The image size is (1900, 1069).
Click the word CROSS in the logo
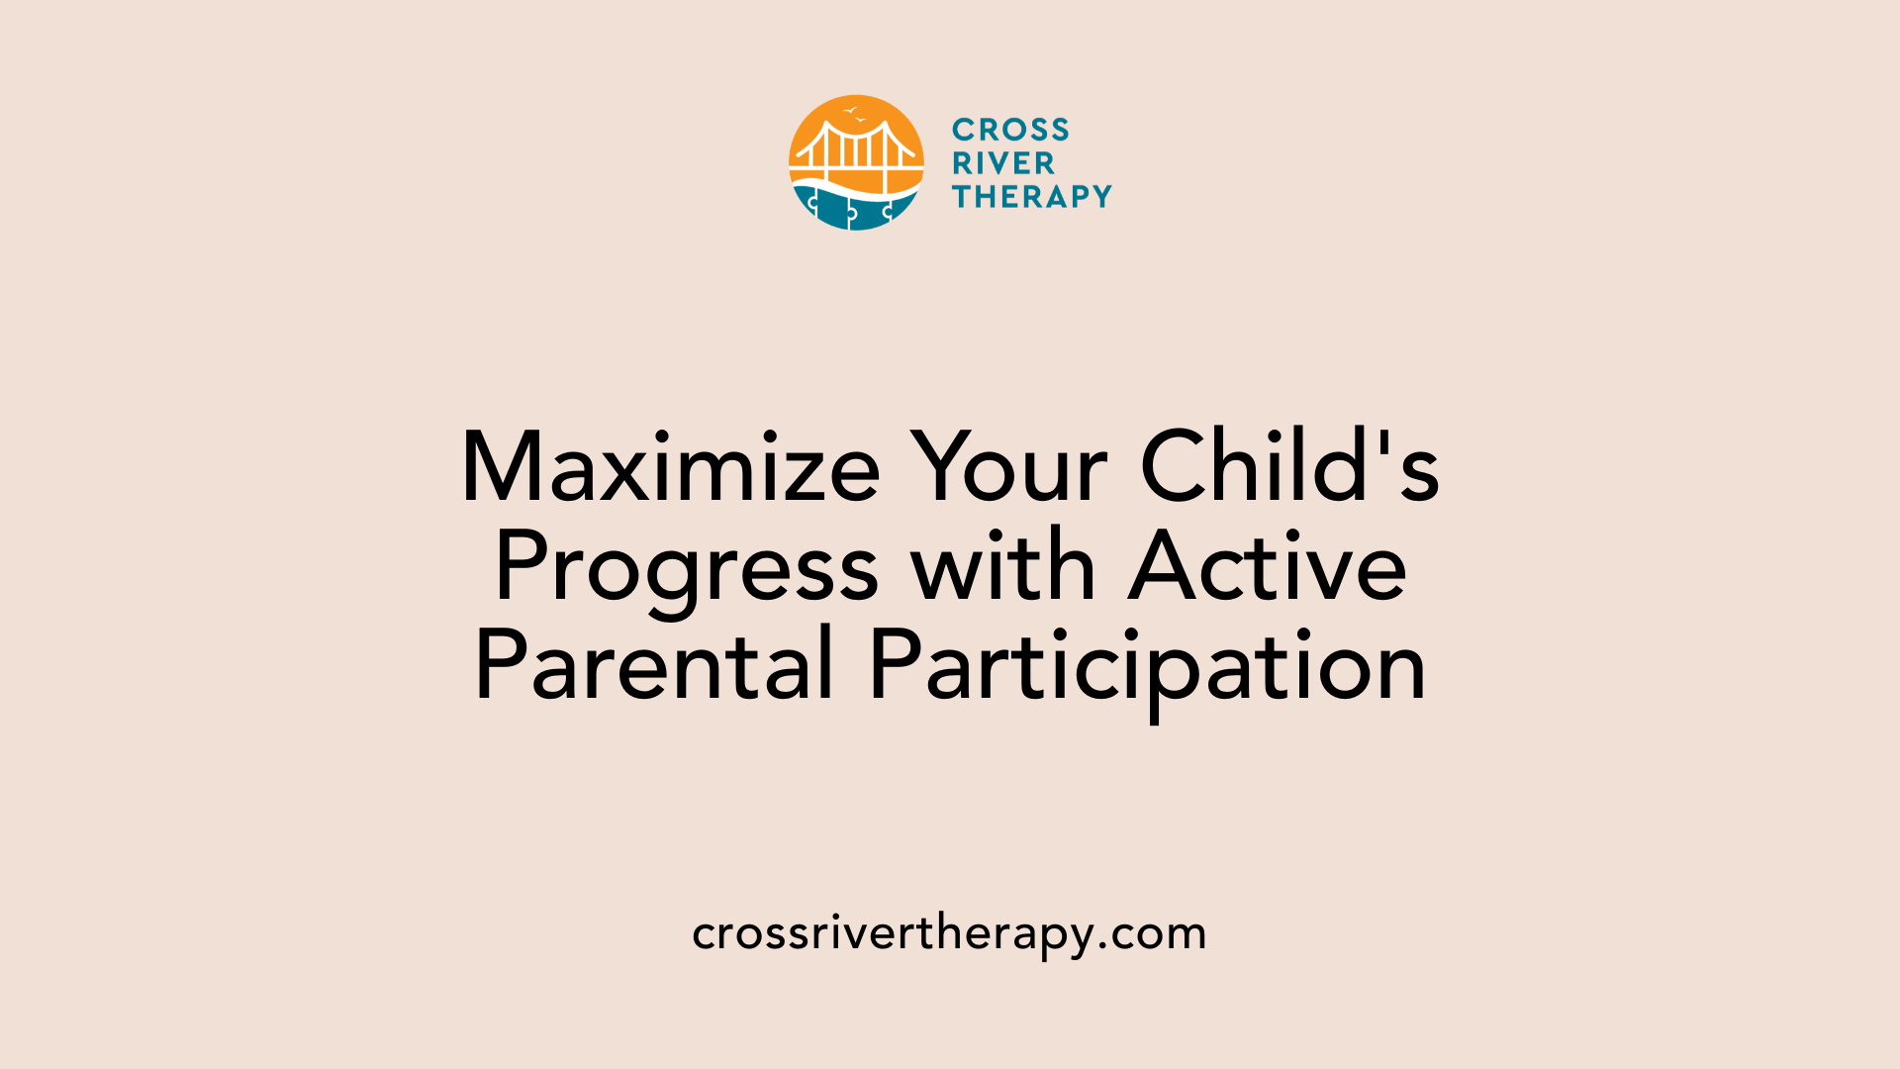[1010, 130]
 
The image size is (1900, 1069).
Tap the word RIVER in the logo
[1003, 163]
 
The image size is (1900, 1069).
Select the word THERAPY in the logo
[1032, 197]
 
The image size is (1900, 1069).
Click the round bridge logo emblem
[856, 163]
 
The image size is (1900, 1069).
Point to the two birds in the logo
[854, 114]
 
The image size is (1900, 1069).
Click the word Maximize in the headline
[671, 467]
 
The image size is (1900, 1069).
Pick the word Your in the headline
[1008, 467]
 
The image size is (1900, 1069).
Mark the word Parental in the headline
[654, 665]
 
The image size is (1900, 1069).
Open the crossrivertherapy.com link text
[949, 933]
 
